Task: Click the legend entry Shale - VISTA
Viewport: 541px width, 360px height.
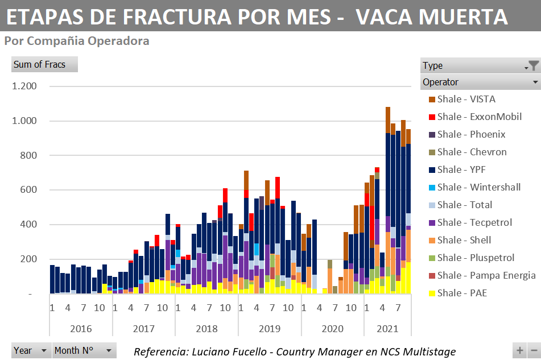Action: [466, 99]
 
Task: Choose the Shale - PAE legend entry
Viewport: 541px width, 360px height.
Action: [462, 293]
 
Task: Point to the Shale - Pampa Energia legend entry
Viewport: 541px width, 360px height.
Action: [486, 275]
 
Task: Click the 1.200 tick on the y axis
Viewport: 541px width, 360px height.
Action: [24, 86]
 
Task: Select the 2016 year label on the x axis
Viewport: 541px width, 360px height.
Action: [81, 329]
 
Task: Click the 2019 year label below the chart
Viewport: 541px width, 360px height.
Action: [269, 329]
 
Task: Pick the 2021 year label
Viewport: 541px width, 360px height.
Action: [387, 329]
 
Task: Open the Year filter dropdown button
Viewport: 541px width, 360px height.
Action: [44, 351]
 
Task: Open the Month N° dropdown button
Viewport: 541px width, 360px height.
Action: [108, 351]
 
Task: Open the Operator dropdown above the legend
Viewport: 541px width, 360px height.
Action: [535, 82]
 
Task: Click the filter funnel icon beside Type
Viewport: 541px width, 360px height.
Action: [534, 65]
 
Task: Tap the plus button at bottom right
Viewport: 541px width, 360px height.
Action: [519, 351]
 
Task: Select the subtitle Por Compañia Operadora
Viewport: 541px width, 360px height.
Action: [76, 41]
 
